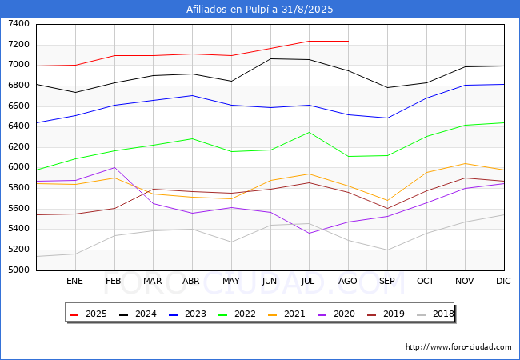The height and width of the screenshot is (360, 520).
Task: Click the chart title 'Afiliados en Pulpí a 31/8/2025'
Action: point(259,10)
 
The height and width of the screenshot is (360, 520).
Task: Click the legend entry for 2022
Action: point(237,314)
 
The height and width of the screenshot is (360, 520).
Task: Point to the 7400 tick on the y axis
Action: point(19,24)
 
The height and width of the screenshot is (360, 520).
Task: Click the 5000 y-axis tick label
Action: point(19,270)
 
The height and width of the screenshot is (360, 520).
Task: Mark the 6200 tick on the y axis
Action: point(19,147)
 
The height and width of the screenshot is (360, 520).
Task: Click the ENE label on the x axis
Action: point(74,282)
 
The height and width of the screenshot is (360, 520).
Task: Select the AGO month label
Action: point(348,282)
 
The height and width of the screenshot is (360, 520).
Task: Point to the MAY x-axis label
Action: point(231,282)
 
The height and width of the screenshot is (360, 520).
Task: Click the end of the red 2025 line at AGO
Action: point(348,41)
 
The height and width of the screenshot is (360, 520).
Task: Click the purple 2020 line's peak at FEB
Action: point(114,167)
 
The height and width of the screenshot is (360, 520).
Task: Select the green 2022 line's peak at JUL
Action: point(309,133)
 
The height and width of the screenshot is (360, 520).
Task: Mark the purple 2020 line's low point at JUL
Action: point(309,233)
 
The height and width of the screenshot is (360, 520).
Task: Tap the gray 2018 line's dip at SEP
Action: point(387,250)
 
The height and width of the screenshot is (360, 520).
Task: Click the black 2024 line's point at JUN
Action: point(270,58)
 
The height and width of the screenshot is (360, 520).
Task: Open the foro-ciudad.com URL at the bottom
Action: point(458,347)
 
